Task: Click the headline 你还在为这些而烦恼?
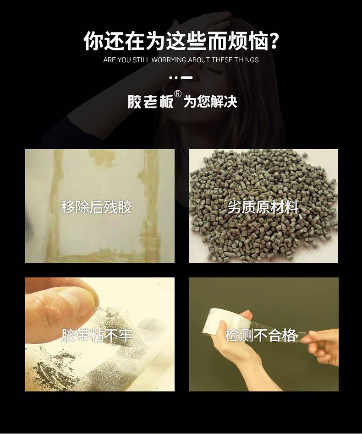181,41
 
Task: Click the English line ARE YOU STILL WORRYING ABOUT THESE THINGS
181,60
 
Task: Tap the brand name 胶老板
150,101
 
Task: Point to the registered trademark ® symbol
178,94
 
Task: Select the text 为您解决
210,102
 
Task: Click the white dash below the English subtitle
186,78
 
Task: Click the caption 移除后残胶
96,207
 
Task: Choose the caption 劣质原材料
263,207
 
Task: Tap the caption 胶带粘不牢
97,336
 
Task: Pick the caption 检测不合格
261,335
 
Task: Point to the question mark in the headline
274,41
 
